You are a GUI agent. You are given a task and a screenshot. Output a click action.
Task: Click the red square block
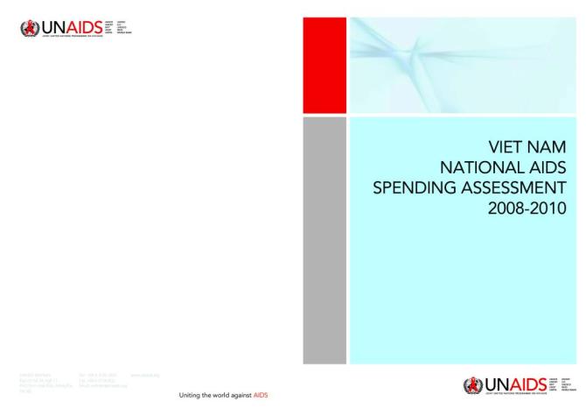[324, 65]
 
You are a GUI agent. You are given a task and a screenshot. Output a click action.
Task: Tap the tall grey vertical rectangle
[324, 240]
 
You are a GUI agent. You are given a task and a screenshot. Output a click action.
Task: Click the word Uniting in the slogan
[191, 396]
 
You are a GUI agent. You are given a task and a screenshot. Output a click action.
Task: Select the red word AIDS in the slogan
[262, 396]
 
